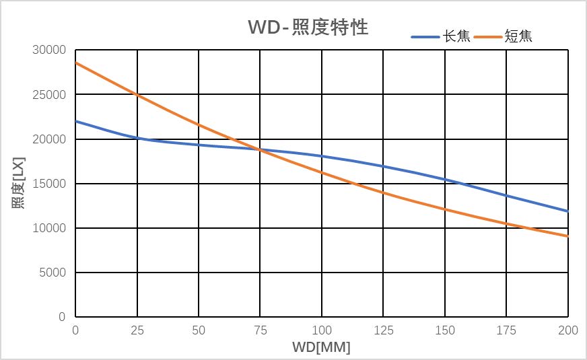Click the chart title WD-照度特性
[308, 28]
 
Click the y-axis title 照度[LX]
[18, 184]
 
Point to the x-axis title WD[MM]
[321, 348]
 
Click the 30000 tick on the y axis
[49, 50]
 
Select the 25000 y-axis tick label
[49, 95]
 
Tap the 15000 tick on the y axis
[49, 184]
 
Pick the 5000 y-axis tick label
[52, 273]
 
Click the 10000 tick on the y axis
[49, 228]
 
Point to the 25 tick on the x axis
[137, 330]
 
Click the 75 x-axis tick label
[261, 330]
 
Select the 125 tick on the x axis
[383, 330]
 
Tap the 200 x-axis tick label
[568, 330]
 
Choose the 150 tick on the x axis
[445, 330]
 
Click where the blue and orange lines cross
[258, 149]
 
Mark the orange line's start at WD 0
[76, 63]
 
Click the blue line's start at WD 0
[76, 121]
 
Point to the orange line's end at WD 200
[568, 236]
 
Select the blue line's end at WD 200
[568, 211]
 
